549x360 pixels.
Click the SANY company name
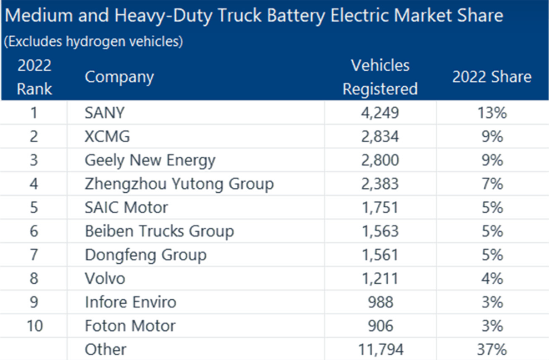tap(104, 113)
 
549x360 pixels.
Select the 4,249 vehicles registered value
tap(380, 113)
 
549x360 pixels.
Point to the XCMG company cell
tap(107, 137)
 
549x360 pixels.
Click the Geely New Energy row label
tap(150, 160)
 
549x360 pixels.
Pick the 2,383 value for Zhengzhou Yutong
tap(380, 184)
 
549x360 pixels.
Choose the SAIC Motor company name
tap(126, 208)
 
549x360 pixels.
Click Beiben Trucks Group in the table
tap(159, 231)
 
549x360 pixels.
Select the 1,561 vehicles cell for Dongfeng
tap(380, 255)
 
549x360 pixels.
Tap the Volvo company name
tap(105, 279)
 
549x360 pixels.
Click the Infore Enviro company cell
tap(130, 302)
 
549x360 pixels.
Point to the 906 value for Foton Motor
tap(380, 326)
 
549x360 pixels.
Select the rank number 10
tap(34, 326)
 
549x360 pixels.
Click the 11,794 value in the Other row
tap(380, 349)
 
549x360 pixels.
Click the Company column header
tap(119, 77)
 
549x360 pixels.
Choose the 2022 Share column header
tap(492, 77)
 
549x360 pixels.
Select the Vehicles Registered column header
tap(380, 77)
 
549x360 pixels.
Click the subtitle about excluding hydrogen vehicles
tap(93, 42)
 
